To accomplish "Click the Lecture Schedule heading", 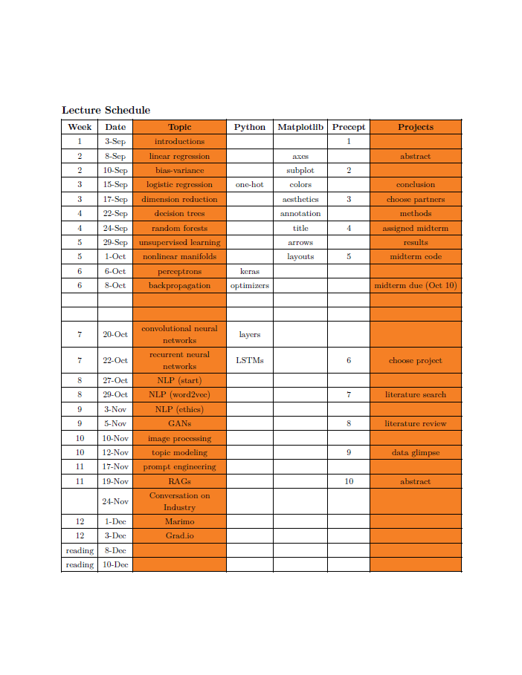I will point(106,110).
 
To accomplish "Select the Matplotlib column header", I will point(300,127).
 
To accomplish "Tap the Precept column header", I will point(348,127).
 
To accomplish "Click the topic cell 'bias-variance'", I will point(179,170).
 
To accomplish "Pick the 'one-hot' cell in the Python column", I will point(250,185).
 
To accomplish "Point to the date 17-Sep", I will point(115,199).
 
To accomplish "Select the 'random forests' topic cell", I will point(179,228).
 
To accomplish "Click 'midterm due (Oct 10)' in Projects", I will point(416,286).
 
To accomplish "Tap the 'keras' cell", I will point(250,272).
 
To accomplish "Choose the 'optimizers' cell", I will point(250,286).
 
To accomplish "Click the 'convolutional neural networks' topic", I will point(179,334).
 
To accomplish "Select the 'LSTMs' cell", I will point(250,360).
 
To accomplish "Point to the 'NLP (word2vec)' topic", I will point(179,395).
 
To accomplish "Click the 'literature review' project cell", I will point(416,424).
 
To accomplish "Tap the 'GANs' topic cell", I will point(179,424).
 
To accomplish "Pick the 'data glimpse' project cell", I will point(416,452).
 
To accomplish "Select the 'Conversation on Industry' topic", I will point(179,501).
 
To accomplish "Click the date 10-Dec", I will point(115,565).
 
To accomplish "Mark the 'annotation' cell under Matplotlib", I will point(300,214).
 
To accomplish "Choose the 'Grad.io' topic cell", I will point(179,535).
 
